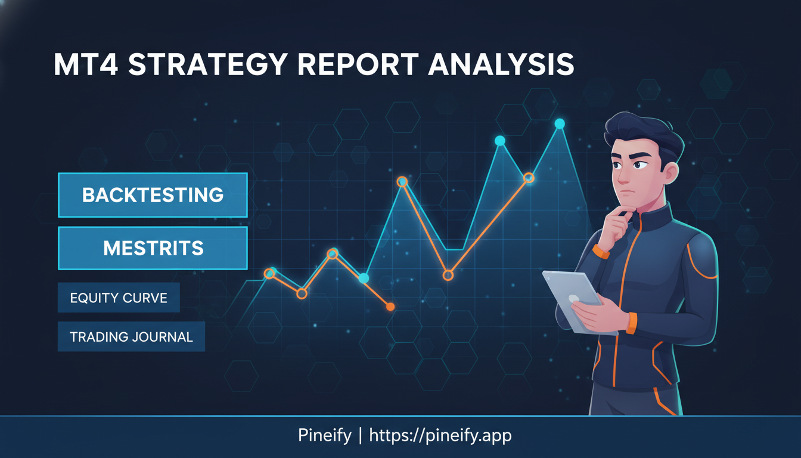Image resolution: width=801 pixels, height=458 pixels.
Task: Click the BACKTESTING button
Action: pyautogui.click(x=153, y=195)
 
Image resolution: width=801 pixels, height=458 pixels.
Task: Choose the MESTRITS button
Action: pyautogui.click(x=153, y=248)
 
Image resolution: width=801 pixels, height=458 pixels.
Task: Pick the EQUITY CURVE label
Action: pyautogui.click(x=119, y=298)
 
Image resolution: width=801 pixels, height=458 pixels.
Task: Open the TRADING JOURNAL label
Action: pyautogui.click(x=131, y=337)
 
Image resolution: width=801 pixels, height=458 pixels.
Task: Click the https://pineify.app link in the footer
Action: pyautogui.click(x=440, y=435)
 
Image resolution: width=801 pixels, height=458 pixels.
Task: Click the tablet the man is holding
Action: pyautogui.click(x=572, y=298)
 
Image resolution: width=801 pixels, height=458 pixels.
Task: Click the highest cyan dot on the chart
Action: pyautogui.click(x=560, y=123)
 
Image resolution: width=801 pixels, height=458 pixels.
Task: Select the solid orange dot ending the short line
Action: pyautogui.click(x=390, y=307)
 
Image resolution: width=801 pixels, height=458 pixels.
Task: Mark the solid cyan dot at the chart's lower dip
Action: pyautogui.click(x=364, y=278)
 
